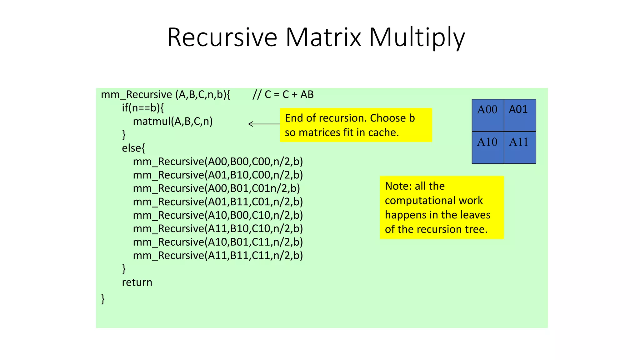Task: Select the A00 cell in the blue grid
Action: point(487,115)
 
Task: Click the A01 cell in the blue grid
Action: point(520,115)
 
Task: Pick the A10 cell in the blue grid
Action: point(487,147)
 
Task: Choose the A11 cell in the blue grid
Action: point(520,147)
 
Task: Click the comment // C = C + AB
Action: point(283,94)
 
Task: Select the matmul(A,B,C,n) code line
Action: point(172,121)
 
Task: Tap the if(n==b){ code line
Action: point(142,108)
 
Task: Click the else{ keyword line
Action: point(133,148)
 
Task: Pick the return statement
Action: point(137,282)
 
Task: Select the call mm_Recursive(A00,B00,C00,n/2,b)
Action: point(218,162)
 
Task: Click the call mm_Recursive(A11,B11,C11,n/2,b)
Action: point(218,256)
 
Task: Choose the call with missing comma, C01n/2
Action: point(216,188)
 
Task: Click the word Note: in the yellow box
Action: point(398,186)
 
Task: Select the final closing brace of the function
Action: point(103,299)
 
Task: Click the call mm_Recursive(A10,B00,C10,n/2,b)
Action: point(218,215)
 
